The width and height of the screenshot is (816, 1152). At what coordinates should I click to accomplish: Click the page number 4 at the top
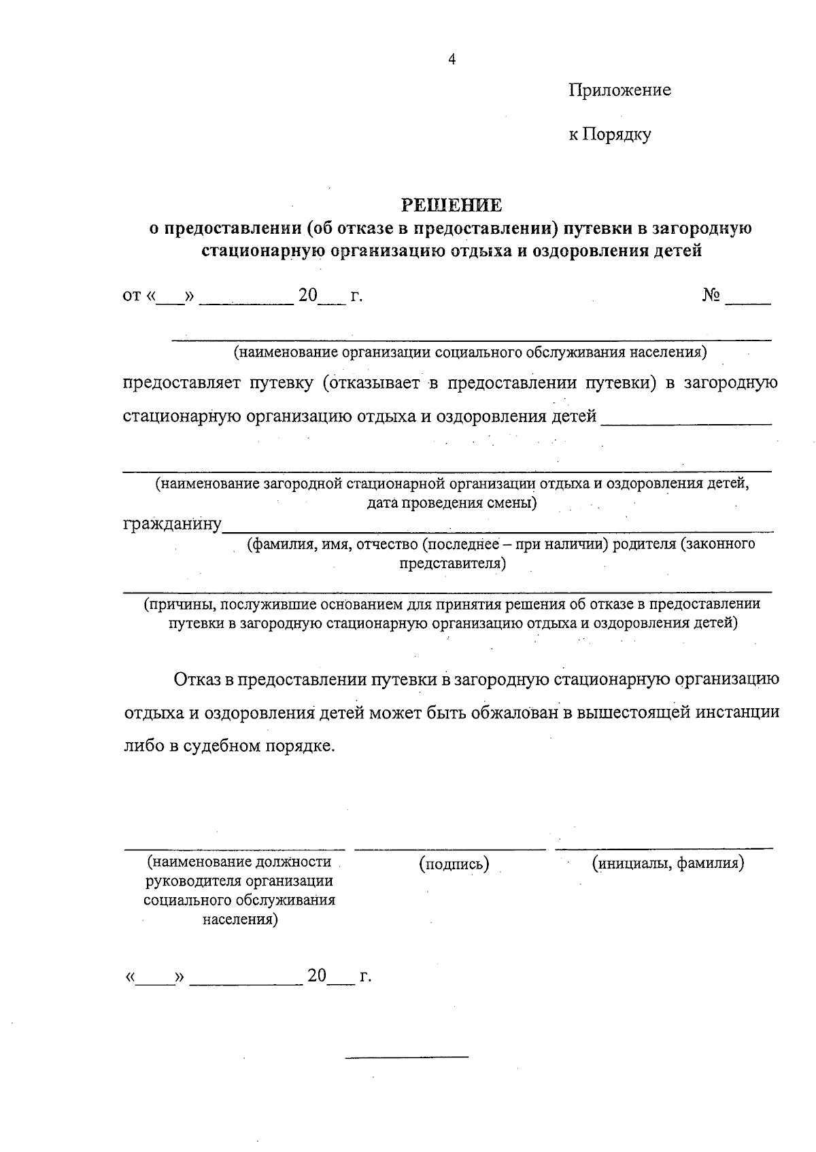point(452,59)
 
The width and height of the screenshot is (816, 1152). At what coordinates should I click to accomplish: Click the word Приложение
point(619,90)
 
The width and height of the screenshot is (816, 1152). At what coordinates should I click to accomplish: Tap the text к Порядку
point(609,135)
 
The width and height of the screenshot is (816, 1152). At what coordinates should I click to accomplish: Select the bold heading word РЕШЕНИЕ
point(451,205)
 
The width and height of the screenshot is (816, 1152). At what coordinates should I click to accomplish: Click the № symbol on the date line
point(711,296)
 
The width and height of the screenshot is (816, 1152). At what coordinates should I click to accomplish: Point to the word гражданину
point(172,524)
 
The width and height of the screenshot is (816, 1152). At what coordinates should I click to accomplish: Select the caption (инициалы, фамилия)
point(668,863)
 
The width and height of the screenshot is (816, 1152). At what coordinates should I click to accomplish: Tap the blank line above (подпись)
point(450,849)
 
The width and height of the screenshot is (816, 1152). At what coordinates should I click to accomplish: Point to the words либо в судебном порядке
point(229,746)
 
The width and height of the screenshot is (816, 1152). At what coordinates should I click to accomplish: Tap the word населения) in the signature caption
point(240,920)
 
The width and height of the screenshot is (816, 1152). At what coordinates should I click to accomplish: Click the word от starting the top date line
point(131,296)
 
